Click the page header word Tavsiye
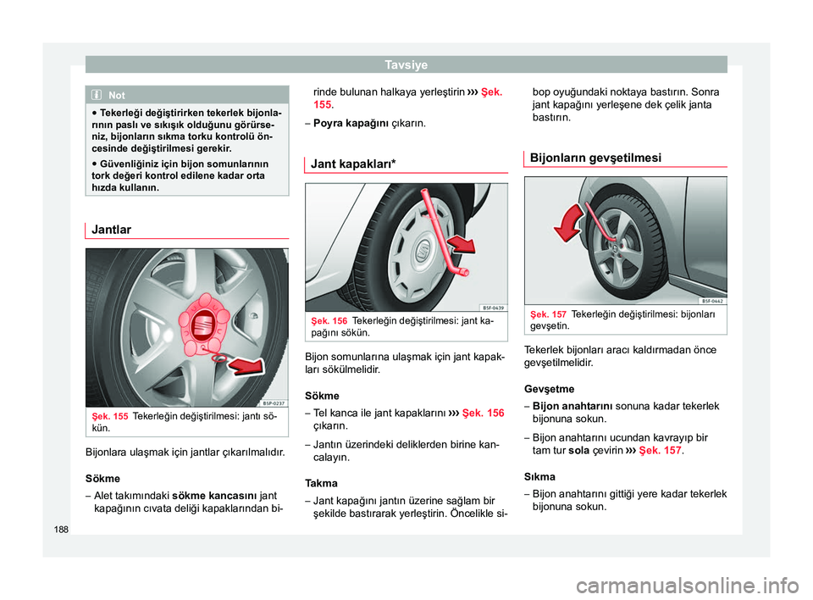[406, 64]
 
